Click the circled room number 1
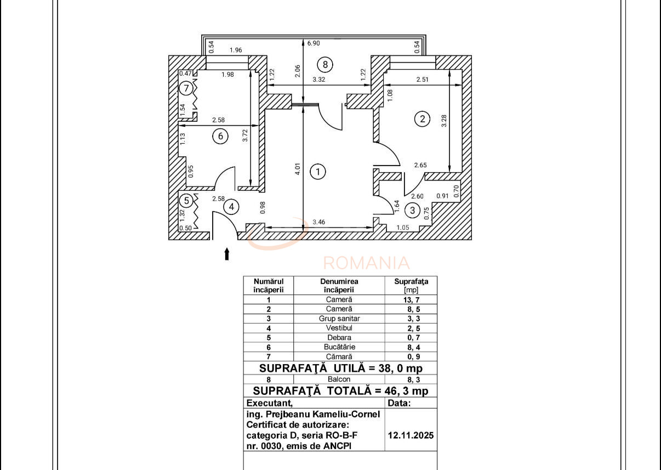click(317, 172)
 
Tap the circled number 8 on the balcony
click(325, 65)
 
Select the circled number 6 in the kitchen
click(220, 136)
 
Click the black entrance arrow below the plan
click(226, 254)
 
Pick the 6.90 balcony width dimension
click(314, 43)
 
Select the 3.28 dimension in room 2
click(443, 121)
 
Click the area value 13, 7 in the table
click(411, 300)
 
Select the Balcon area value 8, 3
click(411, 379)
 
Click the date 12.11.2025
click(411, 435)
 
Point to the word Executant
click(271, 403)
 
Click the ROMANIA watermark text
click(366, 263)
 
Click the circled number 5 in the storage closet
click(187, 201)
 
